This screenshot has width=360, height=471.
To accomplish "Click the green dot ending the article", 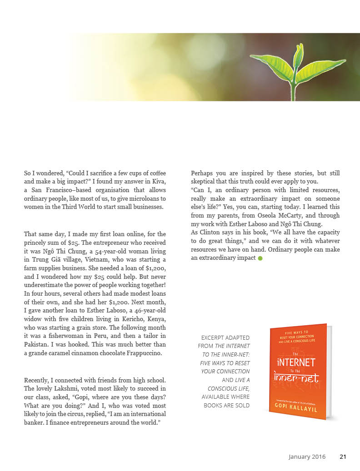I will [260, 258].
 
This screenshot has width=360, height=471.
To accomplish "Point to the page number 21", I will [343, 457].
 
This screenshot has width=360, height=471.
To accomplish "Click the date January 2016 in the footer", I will [307, 457].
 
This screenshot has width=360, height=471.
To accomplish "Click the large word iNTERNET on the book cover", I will [295, 362].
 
